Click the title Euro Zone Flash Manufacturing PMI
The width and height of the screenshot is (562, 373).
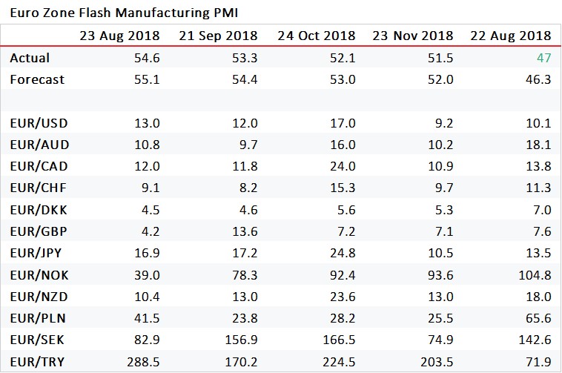tap(124, 13)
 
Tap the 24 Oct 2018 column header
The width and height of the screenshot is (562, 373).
tap(316, 36)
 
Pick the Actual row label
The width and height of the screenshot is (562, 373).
tap(30, 57)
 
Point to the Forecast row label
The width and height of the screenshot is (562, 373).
tap(37, 79)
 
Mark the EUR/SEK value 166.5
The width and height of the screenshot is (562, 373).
tap(337, 341)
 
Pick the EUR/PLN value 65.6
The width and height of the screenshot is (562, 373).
tap(538, 319)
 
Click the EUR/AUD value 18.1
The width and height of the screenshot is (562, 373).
tap(538, 145)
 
